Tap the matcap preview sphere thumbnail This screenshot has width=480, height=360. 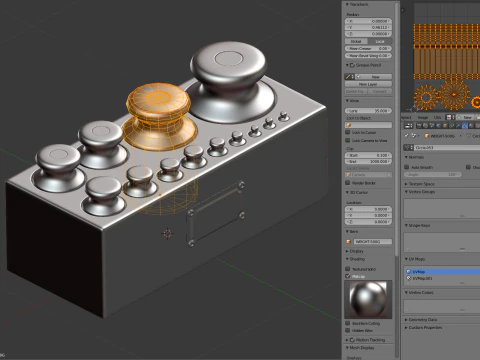point(368,299)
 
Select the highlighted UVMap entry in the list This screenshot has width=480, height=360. point(440,270)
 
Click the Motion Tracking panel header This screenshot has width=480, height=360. point(370,339)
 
